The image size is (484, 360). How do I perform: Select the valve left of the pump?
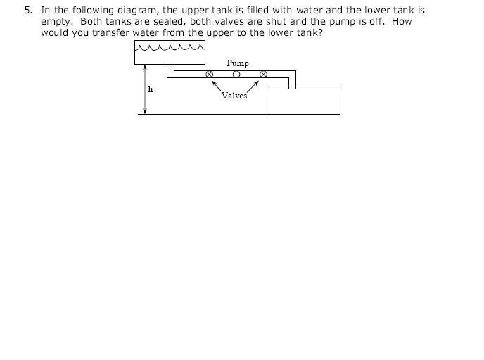(209, 75)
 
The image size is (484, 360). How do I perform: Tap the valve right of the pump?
(263, 75)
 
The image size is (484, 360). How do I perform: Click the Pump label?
(238, 63)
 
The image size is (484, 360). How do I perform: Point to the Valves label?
(234, 96)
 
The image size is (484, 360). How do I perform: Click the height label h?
(151, 89)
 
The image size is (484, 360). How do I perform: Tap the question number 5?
(28, 10)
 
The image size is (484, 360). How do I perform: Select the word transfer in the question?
(110, 32)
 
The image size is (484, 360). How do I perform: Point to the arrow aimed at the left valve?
(217, 86)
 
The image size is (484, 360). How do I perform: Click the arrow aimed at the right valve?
(253, 86)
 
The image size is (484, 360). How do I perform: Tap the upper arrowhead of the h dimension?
(145, 67)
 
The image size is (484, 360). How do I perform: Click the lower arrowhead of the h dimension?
(145, 111)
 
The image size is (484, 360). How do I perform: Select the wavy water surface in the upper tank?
(170, 47)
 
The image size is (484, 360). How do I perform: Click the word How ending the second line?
(402, 21)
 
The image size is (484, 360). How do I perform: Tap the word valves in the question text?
(227, 22)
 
